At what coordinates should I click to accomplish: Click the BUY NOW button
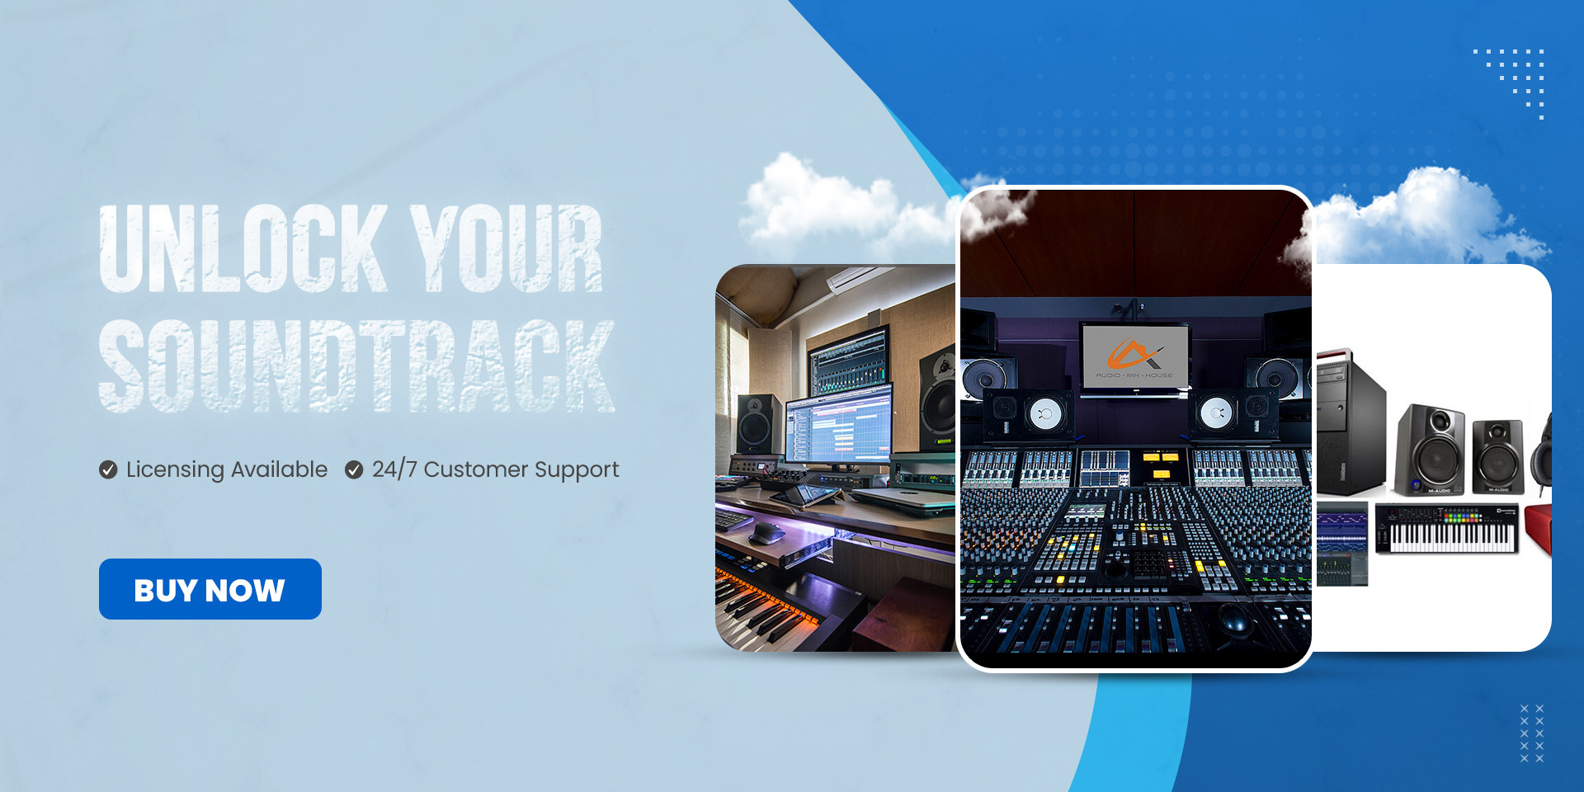tap(210, 589)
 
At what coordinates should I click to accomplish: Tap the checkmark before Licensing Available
tap(108, 469)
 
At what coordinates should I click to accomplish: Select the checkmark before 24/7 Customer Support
tap(354, 469)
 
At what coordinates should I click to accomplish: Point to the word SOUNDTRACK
tap(356, 365)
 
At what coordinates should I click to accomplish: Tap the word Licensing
tap(175, 469)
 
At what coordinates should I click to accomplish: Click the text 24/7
tap(394, 469)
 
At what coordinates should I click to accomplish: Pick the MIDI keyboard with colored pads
tap(1447, 530)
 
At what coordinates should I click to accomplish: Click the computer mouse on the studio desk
tap(767, 533)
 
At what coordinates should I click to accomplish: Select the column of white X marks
tap(1531, 733)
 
